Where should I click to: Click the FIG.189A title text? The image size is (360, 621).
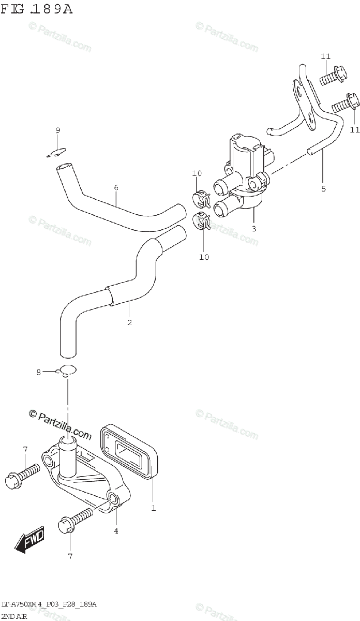click(37, 9)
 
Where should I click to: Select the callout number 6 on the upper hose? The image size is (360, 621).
click(116, 187)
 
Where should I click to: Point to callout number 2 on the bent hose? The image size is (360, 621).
click(129, 323)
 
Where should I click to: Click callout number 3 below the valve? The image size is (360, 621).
click(254, 228)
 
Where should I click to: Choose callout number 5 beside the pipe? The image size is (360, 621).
click(323, 189)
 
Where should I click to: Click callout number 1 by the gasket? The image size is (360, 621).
click(153, 508)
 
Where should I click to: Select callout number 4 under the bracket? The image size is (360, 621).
click(116, 530)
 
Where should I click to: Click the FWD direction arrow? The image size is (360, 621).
click(30, 539)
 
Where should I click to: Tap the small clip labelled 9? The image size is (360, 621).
click(58, 152)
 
